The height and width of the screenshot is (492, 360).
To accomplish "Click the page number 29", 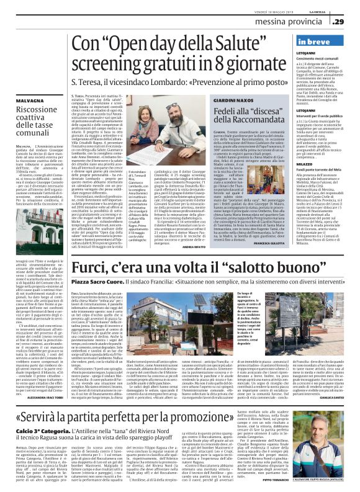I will pos(338,22).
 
